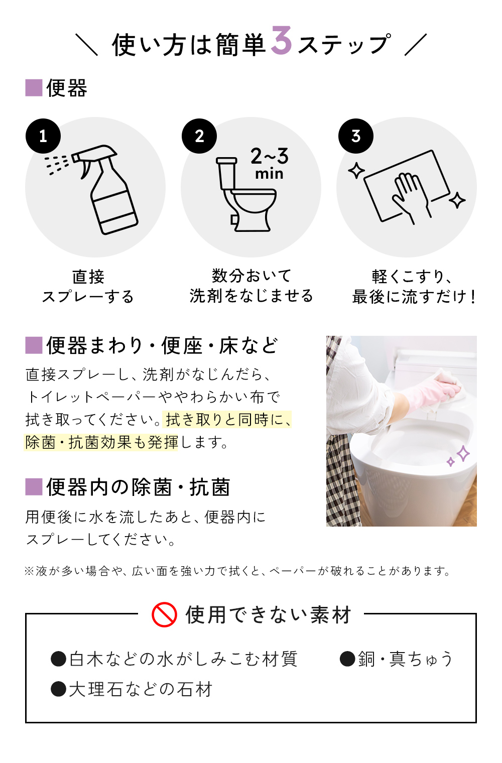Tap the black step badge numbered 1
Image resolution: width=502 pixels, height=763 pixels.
pyautogui.click(x=43, y=136)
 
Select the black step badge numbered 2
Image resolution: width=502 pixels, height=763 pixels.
pyautogui.click(x=199, y=136)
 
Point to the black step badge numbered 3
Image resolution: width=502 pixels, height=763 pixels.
pyautogui.click(x=356, y=136)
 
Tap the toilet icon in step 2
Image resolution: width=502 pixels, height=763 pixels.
pyautogui.click(x=246, y=196)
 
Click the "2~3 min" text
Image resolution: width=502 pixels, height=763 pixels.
pyautogui.click(x=270, y=163)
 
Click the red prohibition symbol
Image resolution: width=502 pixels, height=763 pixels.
pyautogui.click(x=164, y=614)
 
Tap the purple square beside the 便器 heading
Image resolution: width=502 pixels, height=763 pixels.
pyautogui.click(x=34, y=88)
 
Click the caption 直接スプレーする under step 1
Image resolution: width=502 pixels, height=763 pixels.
pyautogui.click(x=88, y=286)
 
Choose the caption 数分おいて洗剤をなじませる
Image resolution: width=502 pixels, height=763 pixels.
pyautogui.click(x=251, y=286)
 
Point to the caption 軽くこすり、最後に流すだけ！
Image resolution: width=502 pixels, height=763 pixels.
pyautogui.click(x=413, y=287)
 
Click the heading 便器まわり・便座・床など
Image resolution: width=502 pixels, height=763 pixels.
pyautogui.click(x=162, y=346)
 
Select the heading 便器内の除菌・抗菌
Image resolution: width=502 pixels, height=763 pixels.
pyautogui.click(x=138, y=487)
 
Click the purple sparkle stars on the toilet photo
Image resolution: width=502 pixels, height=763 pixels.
pyautogui.click(x=459, y=456)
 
